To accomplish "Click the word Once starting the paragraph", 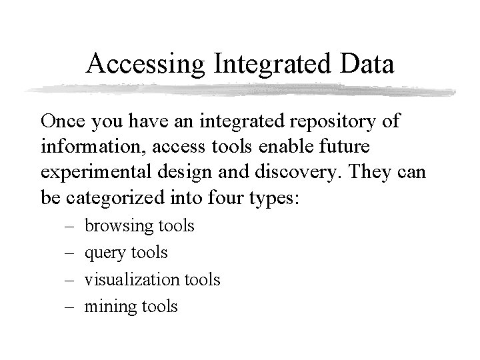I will pyautogui.click(x=61, y=122).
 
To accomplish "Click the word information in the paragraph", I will pyautogui.click(x=83, y=145).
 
